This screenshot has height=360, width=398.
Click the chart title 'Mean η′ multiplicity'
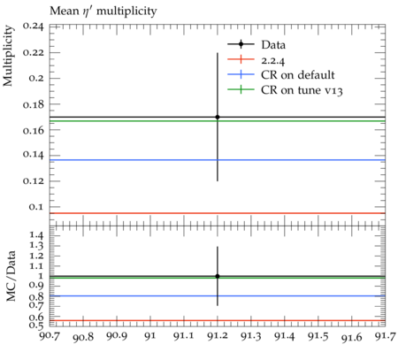[x=103, y=11]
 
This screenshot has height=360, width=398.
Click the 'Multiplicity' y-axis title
[x=8, y=56]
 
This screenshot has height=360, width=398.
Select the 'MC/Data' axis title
[x=11, y=276]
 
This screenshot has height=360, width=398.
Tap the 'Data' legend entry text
[x=273, y=45]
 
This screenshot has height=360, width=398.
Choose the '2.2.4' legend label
[x=273, y=60]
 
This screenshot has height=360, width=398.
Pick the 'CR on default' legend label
[x=298, y=75]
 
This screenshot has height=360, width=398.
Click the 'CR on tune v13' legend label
[x=302, y=90]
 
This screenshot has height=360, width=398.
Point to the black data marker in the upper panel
[x=218, y=117]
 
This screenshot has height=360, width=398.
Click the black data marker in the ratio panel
[x=218, y=276]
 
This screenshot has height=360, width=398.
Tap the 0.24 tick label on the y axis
[x=33, y=27]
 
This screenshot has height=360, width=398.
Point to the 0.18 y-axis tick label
[x=33, y=104]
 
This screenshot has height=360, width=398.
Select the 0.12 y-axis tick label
[x=33, y=180]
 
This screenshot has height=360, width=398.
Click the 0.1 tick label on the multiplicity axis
[x=36, y=207]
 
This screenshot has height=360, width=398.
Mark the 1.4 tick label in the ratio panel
[x=35, y=235]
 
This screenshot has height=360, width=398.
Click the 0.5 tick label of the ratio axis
[x=35, y=325]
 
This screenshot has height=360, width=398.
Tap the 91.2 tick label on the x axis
[x=218, y=336]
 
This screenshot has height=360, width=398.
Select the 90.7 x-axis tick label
[x=50, y=336]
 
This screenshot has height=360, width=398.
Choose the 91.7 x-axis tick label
[x=386, y=336]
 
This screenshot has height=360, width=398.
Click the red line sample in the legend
[x=241, y=59]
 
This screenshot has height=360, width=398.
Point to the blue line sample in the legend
[x=241, y=74]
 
